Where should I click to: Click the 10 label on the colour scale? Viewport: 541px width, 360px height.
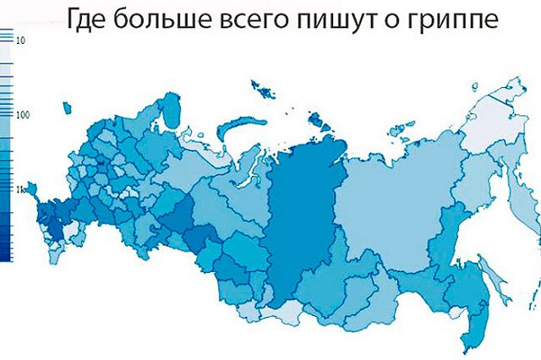point(21,40)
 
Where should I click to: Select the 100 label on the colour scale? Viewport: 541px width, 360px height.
point(23,115)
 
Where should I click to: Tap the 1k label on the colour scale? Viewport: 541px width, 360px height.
point(21,189)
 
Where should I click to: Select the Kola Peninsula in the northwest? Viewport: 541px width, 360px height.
point(173,110)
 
